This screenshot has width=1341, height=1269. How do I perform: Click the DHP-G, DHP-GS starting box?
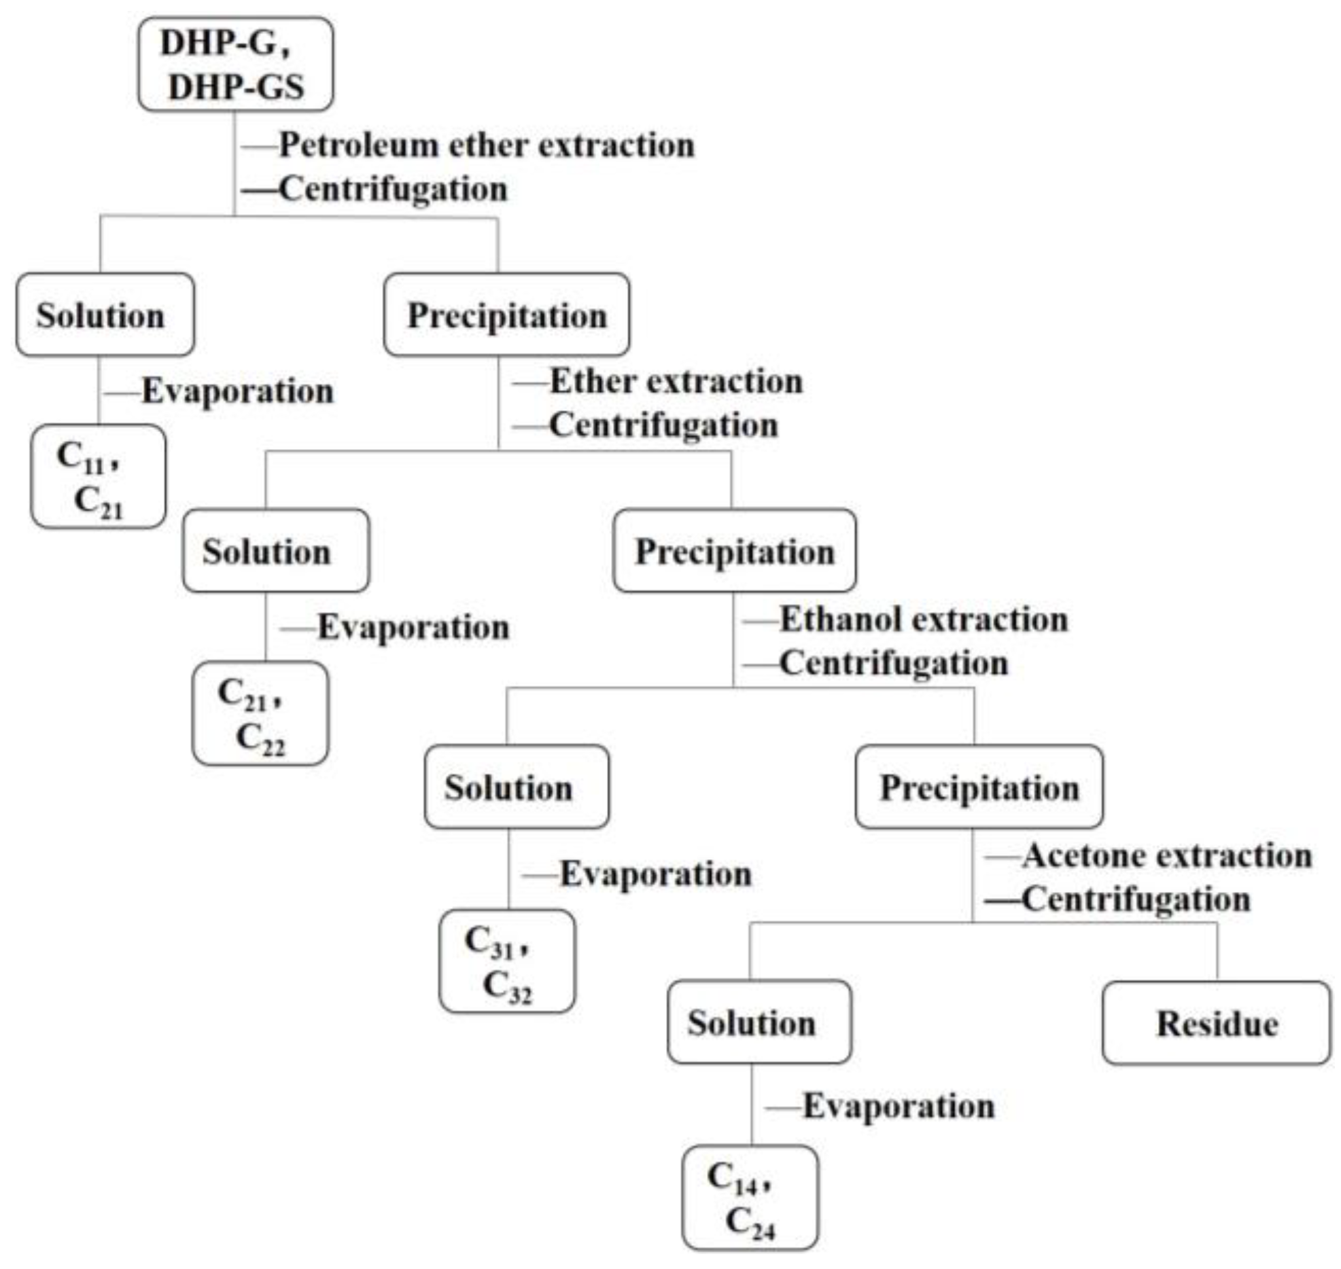click(x=235, y=65)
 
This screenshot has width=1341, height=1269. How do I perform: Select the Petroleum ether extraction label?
click(x=487, y=145)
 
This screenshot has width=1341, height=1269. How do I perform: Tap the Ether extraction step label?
click(x=676, y=382)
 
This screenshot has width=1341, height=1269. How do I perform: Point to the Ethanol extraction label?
click(x=923, y=620)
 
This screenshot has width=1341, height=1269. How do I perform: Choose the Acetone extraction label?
click(x=1166, y=856)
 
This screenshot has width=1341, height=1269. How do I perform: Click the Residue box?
click(x=1216, y=1023)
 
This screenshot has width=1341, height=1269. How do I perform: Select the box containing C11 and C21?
click(x=98, y=477)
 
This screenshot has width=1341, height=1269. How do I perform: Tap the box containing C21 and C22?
click(x=260, y=713)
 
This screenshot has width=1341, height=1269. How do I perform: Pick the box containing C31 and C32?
click(x=506, y=961)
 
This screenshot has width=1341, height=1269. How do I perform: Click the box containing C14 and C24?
click(x=750, y=1197)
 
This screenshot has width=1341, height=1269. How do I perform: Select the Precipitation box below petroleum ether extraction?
click(x=506, y=315)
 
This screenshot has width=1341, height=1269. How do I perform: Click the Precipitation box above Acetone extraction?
click(x=979, y=787)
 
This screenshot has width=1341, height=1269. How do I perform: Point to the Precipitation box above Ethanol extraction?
click(x=734, y=551)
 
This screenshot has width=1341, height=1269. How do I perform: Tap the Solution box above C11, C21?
click(x=105, y=315)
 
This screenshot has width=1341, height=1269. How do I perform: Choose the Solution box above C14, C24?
click(x=759, y=1022)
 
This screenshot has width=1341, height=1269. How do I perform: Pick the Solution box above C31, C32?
click(x=517, y=787)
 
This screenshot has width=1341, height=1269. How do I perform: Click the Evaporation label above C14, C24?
click(x=899, y=1106)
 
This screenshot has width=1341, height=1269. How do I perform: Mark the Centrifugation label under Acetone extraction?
click(x=1136, y=899)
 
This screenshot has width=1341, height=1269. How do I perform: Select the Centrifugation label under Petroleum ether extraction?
click(x=393, y=189)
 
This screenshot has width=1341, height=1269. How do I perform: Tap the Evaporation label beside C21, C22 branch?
click(x=413, y=627)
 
